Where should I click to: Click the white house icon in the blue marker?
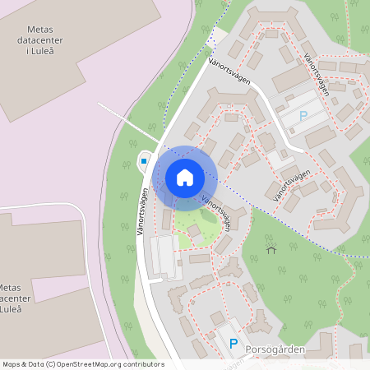185,178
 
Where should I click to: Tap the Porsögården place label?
275,349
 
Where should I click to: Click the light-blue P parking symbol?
303,117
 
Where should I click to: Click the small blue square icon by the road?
144,161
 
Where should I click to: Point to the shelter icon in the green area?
271,249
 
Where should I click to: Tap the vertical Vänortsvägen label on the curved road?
144,212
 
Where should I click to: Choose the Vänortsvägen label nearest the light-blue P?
316,75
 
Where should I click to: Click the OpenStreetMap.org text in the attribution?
93,364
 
